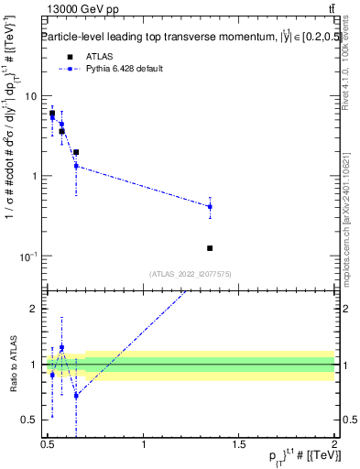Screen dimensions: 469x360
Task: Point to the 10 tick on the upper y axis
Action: click(30, 96)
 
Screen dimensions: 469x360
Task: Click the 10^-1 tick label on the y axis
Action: click(27, 256)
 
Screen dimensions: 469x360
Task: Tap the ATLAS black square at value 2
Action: click(76, 152)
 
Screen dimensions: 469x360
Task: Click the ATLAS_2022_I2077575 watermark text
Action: click(191, 274)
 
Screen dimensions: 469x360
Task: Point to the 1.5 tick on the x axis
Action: click(239, 444)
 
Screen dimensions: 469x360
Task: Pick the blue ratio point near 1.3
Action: click(61, 348)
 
